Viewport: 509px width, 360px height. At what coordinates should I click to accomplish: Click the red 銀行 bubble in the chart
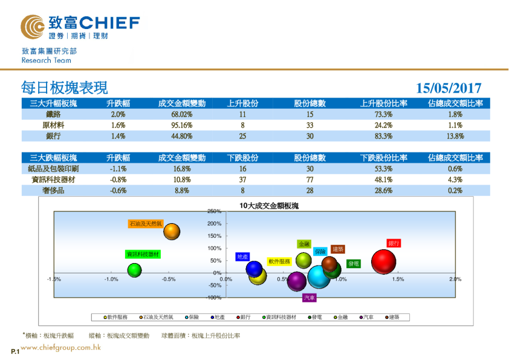[x=383, y=262]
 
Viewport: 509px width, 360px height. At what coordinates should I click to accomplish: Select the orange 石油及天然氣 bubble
[x=172, y=231]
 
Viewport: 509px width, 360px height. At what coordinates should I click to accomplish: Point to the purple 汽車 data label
[x=309, y=298]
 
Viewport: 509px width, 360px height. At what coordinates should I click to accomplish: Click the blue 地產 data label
[x=243, y=257]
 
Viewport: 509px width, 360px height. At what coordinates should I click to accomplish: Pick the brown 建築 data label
[x=338, y=249]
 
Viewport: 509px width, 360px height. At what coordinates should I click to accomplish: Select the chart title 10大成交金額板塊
[x=269, y=206]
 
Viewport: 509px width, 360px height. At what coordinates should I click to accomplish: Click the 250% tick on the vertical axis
[x=215, y=212]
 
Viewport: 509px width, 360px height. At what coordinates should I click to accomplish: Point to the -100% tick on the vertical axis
[x=213, y=298]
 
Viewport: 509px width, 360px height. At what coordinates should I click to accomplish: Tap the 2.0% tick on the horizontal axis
[x=455, y=279]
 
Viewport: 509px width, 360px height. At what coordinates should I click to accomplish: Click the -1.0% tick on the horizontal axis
[x=111, y=279]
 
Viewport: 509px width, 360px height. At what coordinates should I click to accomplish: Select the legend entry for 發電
[x=317, y=317]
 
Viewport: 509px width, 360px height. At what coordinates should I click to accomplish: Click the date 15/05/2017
[x=449, y=88]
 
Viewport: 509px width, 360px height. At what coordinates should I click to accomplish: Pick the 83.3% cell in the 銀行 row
[x=384, y=136]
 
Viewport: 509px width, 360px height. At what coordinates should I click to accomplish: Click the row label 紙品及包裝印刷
[x=53, y=169]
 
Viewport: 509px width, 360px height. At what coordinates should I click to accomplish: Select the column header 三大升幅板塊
[x=53, y=103]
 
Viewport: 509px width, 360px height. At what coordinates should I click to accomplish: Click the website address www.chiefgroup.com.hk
[x=60, y=348]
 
